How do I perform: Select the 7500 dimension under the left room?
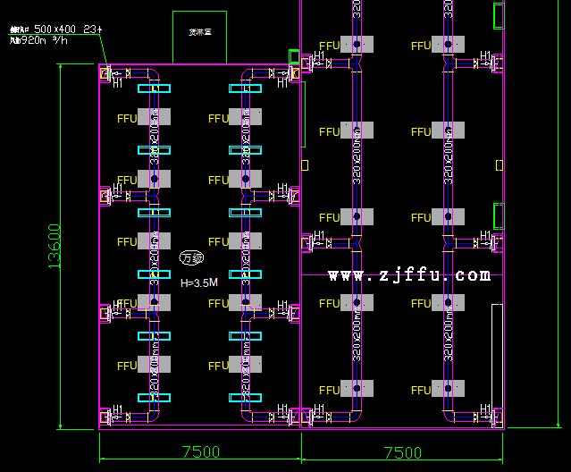click(200, 452)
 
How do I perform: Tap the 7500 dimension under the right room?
click(402, 452)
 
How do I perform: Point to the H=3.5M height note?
click(198, 282)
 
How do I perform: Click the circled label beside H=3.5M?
click(191, 258)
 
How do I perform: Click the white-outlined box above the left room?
click(199, 37)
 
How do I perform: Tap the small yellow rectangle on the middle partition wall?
click(305, 164)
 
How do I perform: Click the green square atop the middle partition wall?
click(294, 56)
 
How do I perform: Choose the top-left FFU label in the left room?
click(127, 118)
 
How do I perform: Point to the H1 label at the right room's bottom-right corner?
click(485, 412)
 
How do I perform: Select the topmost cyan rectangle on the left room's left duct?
click(154, 88)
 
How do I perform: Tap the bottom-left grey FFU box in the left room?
click(154, 365)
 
